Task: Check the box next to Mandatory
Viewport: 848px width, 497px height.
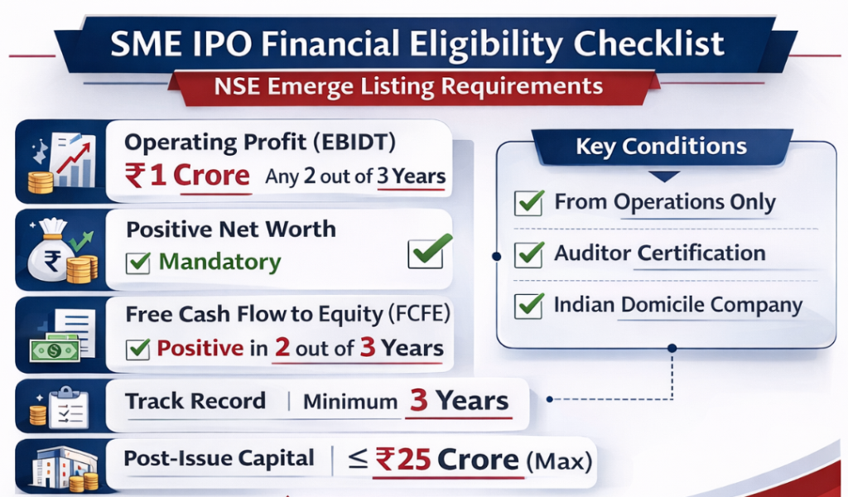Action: coord(137,263)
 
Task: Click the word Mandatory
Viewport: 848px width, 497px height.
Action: coord(219,263)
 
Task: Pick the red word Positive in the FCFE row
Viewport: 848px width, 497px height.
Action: coord(200,348)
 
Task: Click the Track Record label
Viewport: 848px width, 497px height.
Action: coord(195,402)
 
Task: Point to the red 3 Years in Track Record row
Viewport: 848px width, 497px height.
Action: coord(458,402)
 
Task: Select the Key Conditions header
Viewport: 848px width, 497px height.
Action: coord(661,147)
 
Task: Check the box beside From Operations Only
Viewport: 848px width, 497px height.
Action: coord(528,202)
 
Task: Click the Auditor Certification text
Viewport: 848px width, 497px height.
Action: coord(660,253)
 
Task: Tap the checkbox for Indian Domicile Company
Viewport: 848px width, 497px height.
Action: coord(528,305)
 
